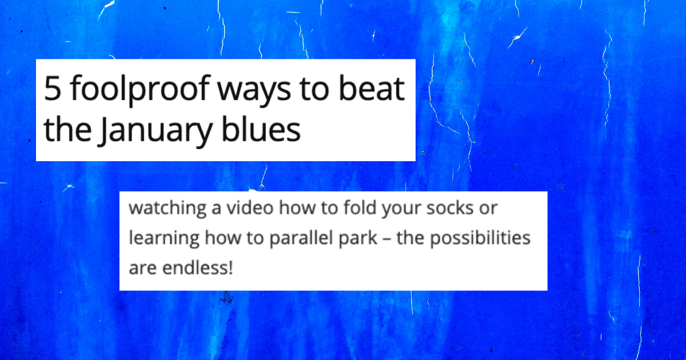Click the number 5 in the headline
(52, 89)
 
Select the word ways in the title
(254, 91)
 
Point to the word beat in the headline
(372, 88)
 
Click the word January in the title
(155, 131)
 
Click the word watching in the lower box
(167, 209)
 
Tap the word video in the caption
(250, 207)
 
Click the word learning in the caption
(164, 239)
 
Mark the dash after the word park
(387, 239)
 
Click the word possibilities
(480, 239)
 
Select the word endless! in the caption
(198, 268)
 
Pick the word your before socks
(401, 209)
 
